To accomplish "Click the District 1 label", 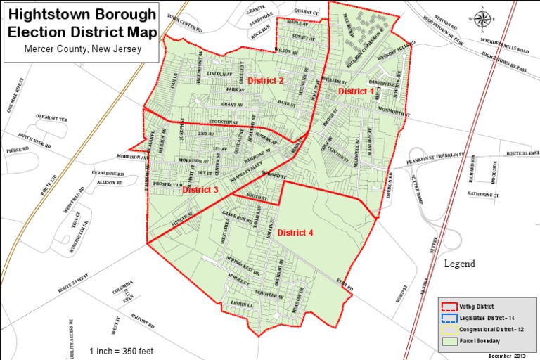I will (x=356, y=91).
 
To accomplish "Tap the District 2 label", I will (x=266, y=81).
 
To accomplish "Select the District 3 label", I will (x=201, y=190).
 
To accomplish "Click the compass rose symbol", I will (x=482, y=18).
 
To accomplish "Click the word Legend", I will (x=459, y=264).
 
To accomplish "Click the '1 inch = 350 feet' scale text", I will (x=122, y=350).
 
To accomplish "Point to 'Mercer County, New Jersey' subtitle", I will (x=82, y=49).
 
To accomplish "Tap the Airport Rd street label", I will (x=142, y=320).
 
